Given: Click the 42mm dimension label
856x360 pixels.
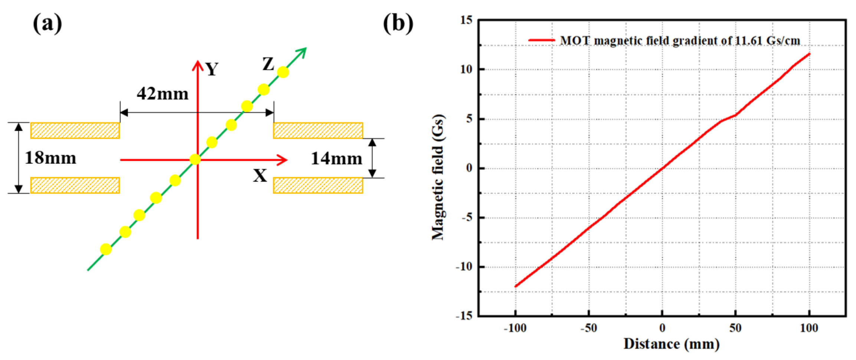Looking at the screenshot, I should coord(163,94).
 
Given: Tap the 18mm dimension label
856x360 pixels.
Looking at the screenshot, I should coord(50,158).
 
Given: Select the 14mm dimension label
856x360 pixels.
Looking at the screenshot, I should coord(336,159).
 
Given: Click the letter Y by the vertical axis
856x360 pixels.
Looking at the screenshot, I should coord(212,69).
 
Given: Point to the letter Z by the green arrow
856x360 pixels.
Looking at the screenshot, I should coord(268,64).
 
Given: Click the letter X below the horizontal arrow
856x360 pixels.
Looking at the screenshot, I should coord(260,176).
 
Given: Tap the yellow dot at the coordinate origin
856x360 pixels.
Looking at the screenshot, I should coord(195,160).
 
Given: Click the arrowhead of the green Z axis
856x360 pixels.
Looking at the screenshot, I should coord(303,51).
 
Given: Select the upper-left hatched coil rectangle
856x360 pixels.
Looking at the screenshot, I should coord(75,131).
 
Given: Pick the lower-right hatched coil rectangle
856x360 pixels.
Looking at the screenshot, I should coord(318,185).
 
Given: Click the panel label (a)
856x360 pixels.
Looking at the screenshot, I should coord(48,23).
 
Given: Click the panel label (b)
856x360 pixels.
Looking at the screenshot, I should coord(398,23).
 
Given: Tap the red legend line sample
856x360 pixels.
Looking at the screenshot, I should coord(541,40).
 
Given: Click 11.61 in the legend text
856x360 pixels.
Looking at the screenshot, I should coord(749,40).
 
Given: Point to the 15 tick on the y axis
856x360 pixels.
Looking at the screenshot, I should coord(467,20).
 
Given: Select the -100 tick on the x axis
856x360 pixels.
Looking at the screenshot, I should coord(515,328).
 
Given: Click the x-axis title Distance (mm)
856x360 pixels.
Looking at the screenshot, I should coord(672,344).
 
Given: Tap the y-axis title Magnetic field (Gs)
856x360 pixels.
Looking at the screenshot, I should coord(438,177).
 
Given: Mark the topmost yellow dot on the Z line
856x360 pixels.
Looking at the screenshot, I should coord(283,72).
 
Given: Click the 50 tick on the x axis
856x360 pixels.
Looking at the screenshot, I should coord(735,328).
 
